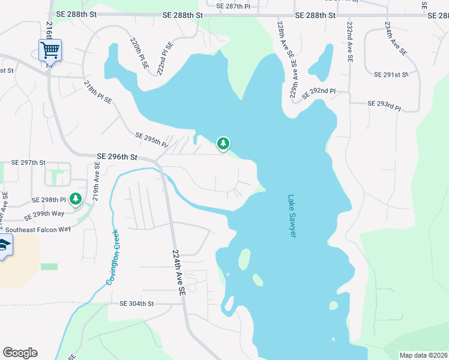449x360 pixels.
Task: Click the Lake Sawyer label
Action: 292,215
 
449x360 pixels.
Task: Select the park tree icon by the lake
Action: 223,143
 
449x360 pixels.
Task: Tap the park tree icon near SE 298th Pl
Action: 76,199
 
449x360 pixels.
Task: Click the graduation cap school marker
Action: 3,246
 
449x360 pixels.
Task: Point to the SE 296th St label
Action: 117,157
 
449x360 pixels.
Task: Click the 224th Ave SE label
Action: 179,271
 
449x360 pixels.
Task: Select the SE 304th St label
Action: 137,304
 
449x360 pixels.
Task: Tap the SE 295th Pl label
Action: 152,140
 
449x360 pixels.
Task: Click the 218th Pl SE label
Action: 98,92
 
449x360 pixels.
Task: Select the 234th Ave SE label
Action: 396,40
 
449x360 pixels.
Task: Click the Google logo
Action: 20,353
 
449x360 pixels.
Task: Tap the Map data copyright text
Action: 423,355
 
